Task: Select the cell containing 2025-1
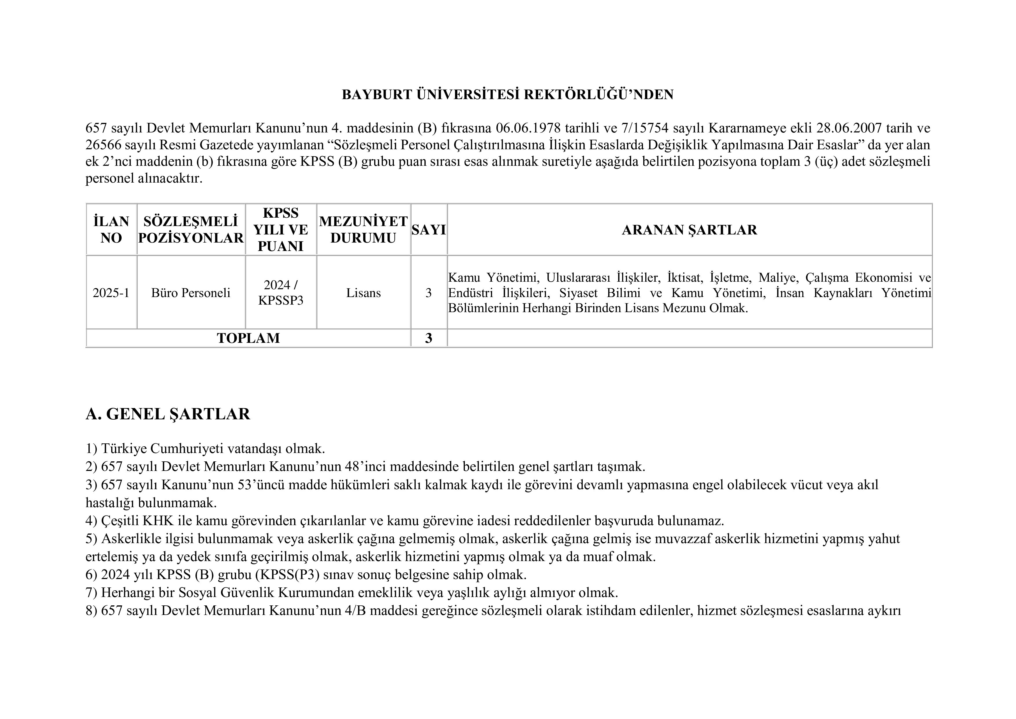tap(111, 293)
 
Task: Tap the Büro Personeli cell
tap(191, 293)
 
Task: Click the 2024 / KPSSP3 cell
tap(281, 293)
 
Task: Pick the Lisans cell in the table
tap(363, 293)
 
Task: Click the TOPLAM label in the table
tap(248, 338)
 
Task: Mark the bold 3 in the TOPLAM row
tap(428, 338)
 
